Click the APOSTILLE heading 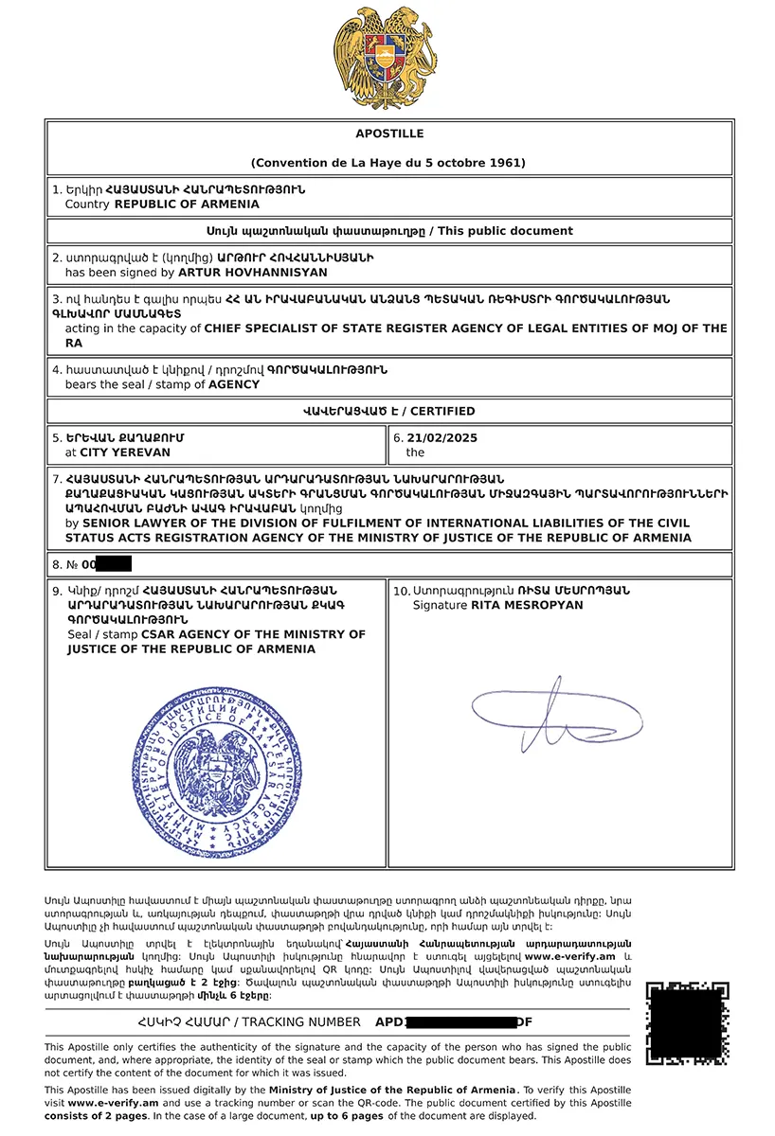click(x=389, y=133)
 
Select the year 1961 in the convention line click(x=508, y=163)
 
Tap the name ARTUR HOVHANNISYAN click(x=253, y=273)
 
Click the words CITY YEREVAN click(x=117, y=453)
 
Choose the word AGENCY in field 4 click(x=234, y=385)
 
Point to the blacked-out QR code click(x=688, y=1022)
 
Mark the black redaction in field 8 click(x=114, y=565)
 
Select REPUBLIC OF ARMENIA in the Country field click(x=187, y=204)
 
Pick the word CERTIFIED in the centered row click(x=443, y=411)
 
